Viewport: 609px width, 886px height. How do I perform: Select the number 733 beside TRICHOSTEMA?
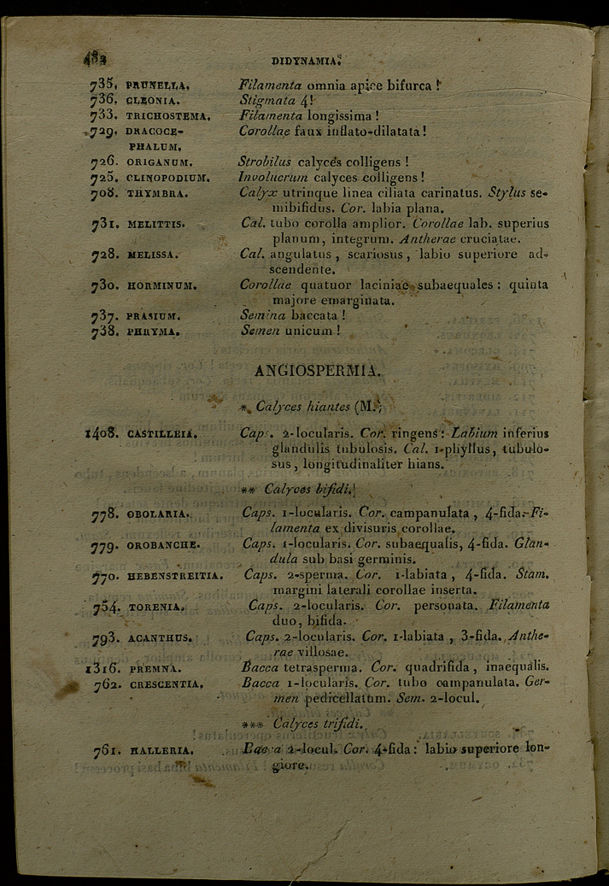click(x=102, y=114)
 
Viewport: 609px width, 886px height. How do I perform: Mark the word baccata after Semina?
click(x=302, y=315)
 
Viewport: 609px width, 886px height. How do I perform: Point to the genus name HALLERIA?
click(x=159, y=751)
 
